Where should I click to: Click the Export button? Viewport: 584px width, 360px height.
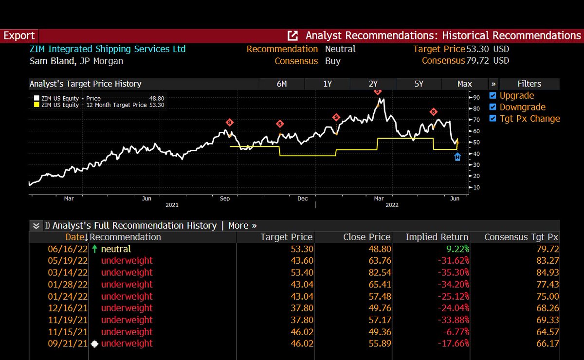[x=19, y=36]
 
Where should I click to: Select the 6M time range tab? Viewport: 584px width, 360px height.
[x=281, y=84]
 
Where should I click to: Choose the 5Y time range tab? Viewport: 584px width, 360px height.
[x=419, y=84]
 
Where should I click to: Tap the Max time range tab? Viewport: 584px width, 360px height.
[x=465, y=84]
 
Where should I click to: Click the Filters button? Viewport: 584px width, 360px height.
[x=529, y=84]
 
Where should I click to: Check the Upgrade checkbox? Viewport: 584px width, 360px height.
[x=493, y=96]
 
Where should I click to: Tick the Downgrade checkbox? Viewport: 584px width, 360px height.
[x=493, y=107]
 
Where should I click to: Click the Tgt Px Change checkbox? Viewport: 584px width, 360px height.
[x=493, y=119]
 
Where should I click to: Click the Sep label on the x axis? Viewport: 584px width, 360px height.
[x=225, y=198]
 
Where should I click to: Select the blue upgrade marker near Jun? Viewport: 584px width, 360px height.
[x=457, y=157]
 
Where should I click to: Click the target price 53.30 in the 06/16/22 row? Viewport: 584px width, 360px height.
[x=302, y=249]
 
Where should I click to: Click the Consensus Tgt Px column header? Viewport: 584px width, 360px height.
[x=521, y=237]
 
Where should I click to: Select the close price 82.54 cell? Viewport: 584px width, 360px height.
[x=380, y=272]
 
